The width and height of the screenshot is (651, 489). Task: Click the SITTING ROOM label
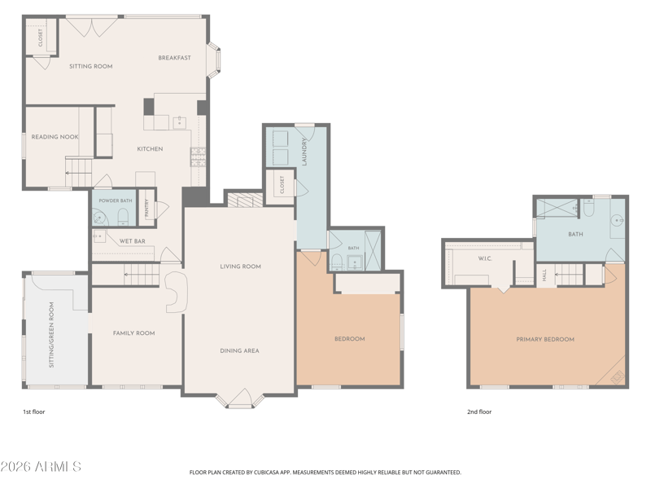tap(90, 66)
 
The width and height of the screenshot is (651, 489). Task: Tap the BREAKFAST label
tap(174, 58)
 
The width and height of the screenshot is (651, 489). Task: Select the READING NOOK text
tap(55, 137)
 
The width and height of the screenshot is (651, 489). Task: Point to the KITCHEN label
tap(150, 149)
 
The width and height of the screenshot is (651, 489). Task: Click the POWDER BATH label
tap(116, 200)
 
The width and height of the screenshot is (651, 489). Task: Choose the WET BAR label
tap(133, 241)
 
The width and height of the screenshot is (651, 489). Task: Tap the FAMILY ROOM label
tap(133, 333)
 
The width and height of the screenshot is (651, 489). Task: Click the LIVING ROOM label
tap(240, 267)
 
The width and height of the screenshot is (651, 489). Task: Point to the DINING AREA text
tap(239, 351)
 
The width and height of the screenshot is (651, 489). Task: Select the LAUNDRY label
tap(304, 152)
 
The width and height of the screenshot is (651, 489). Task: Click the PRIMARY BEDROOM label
tap(545, 339)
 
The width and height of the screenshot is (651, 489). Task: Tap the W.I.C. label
tap(485, 258)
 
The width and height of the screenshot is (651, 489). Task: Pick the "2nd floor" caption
tap(479, 412)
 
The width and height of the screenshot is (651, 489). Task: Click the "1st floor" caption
tap(33, 412)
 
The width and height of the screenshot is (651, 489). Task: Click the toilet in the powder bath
tap(123, 217)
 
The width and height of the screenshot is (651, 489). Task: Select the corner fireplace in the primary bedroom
tap(618, 377)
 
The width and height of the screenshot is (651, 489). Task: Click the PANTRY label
tap(146, 209)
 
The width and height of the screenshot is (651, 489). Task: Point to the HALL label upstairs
tap(544, 275)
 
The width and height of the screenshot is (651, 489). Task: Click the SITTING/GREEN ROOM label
tap(51, 335)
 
